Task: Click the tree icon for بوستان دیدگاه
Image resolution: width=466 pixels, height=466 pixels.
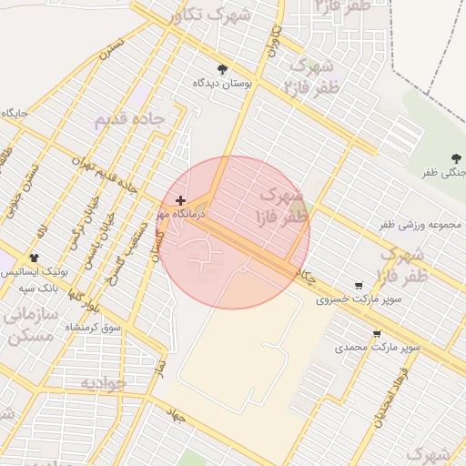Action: [x=222, y=69]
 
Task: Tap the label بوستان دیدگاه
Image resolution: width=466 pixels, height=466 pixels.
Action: [x=222, y=83]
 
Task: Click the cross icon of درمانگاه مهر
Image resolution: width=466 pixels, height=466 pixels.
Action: [x=180, y=200]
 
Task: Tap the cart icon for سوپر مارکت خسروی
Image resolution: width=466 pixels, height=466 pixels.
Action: [x=359, y=285]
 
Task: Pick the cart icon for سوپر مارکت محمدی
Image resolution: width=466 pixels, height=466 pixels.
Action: [x=377, y=333]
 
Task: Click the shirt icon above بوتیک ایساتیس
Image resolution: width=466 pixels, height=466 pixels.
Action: [x=35, y=258]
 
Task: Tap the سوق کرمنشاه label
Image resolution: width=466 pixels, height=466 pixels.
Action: [x=99, y=326]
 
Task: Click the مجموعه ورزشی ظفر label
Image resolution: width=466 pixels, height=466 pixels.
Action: [x=420, y=224]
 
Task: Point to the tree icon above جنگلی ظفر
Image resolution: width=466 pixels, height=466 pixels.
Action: [x=456, y=158]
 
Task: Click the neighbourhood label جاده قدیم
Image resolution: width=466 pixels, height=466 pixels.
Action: [x=129, y=119]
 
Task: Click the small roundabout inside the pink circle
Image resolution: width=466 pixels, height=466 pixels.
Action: [x=243, y=268]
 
